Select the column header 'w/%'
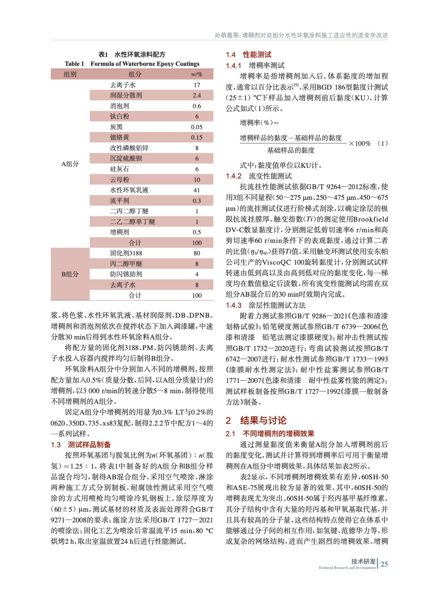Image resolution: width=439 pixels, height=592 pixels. click(196, 74)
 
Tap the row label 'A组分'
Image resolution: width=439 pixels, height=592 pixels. click(70, 164)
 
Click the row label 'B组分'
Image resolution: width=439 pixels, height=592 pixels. click(70, 274)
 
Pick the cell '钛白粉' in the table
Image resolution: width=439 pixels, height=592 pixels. click(119, 116)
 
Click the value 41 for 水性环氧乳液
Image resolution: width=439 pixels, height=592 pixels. click(196, 190)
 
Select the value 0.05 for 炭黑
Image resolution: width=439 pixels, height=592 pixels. click(196, 127)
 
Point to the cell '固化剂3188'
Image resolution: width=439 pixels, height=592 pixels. click(126, 253)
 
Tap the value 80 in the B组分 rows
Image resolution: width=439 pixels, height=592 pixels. click(196, 253)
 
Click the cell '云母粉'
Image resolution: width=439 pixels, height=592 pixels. click(119, 179)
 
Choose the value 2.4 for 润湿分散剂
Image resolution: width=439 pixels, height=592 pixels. click(196, 95)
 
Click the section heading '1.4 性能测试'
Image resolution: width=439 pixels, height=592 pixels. click(249, 55)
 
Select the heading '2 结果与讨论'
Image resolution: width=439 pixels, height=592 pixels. click(256, 420)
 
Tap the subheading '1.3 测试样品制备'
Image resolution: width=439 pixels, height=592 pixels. click(81, 444)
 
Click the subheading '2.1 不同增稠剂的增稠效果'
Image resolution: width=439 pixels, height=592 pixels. click(270, 434)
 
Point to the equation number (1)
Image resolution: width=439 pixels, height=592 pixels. click(382, 143)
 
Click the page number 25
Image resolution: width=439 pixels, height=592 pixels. click(384, 564)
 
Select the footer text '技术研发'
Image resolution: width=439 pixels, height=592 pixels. click(363, 561)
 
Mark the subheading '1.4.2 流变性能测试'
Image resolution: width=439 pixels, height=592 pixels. click(259, 176)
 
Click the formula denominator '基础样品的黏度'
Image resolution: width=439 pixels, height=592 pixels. click(291, 150)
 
